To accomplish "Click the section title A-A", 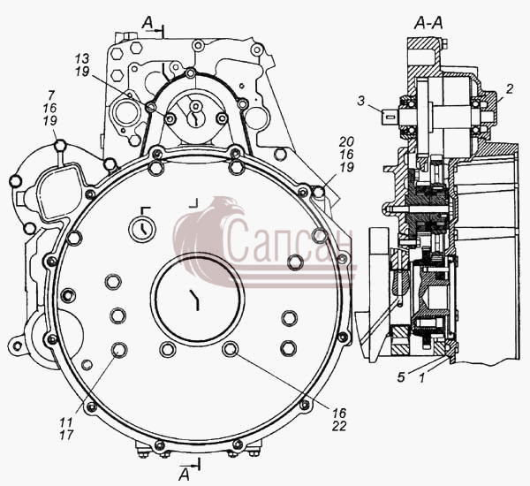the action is pos(428,23).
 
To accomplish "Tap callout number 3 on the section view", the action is pos(361,101).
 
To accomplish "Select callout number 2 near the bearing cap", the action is pos(510,88).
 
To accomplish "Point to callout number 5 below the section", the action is pos(401,377).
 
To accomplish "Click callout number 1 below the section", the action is pos(421,377).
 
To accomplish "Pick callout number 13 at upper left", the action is pos(82,58).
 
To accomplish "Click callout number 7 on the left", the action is pos(51,95).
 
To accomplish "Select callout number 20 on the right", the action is pos(347,141).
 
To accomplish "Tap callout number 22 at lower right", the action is pos(339,426).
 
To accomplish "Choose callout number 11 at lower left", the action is pos(66,422).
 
